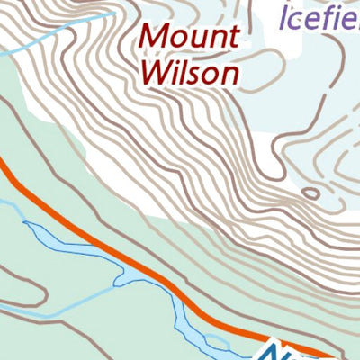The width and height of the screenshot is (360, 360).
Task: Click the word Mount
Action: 191,38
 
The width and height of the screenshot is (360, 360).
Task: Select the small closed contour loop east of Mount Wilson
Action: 310,192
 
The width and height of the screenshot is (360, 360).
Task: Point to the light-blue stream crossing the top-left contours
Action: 54,31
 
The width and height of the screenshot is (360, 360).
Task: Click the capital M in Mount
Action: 155,38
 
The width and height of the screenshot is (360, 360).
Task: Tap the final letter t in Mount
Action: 235,38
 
